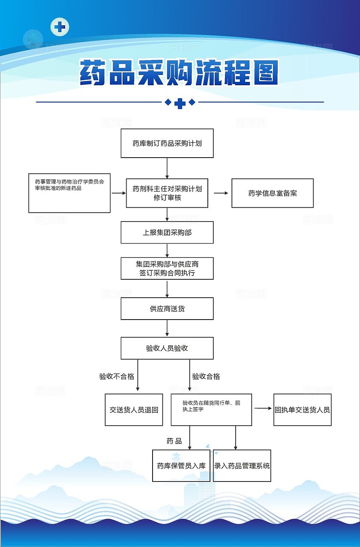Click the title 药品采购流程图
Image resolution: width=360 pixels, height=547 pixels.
pos(180,73)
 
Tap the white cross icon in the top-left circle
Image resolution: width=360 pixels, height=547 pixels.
pos(60,27)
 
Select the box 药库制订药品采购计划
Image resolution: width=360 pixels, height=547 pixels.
pos(167,143)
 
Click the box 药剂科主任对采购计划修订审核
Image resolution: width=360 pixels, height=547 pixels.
pos(167,193)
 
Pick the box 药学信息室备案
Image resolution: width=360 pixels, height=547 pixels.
pos(273,193)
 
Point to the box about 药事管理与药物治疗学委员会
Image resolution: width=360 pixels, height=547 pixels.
pos(69,193)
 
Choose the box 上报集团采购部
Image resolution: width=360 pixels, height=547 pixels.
pos(167,233)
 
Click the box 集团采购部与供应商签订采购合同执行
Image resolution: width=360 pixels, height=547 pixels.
pos(167,269)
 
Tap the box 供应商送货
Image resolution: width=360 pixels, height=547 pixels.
pos(167,309)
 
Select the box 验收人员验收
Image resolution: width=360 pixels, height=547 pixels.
pos(167,348)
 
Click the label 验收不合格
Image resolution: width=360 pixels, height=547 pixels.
pos(117,377)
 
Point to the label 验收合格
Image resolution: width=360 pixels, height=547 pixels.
pos(206,377)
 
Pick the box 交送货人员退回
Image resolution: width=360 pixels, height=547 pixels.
pos(134,410)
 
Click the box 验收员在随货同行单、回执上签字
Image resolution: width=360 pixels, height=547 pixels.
pos(211,410)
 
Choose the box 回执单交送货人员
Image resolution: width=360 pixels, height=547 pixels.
pos(303,410)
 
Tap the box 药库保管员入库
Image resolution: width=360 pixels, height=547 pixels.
pos(181,466)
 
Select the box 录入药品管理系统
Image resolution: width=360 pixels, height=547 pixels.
pos(242,466)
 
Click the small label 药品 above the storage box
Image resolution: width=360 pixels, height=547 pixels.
pos(174,441)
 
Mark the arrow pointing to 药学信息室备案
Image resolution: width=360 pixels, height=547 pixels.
pos(221,193)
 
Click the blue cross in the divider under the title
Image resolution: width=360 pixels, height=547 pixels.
pos(180,103)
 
